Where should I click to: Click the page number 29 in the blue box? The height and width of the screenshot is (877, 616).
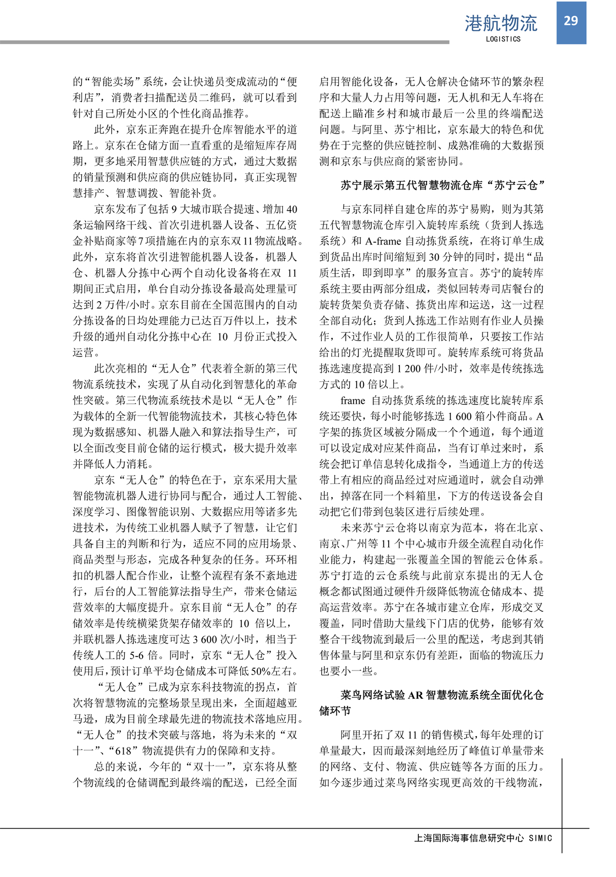571,21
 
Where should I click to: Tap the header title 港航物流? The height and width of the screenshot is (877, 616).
500,23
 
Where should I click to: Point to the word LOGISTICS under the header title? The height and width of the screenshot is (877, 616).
503,39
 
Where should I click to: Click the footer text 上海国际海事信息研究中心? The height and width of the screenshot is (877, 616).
469,838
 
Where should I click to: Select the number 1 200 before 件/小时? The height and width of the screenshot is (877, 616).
410,368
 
